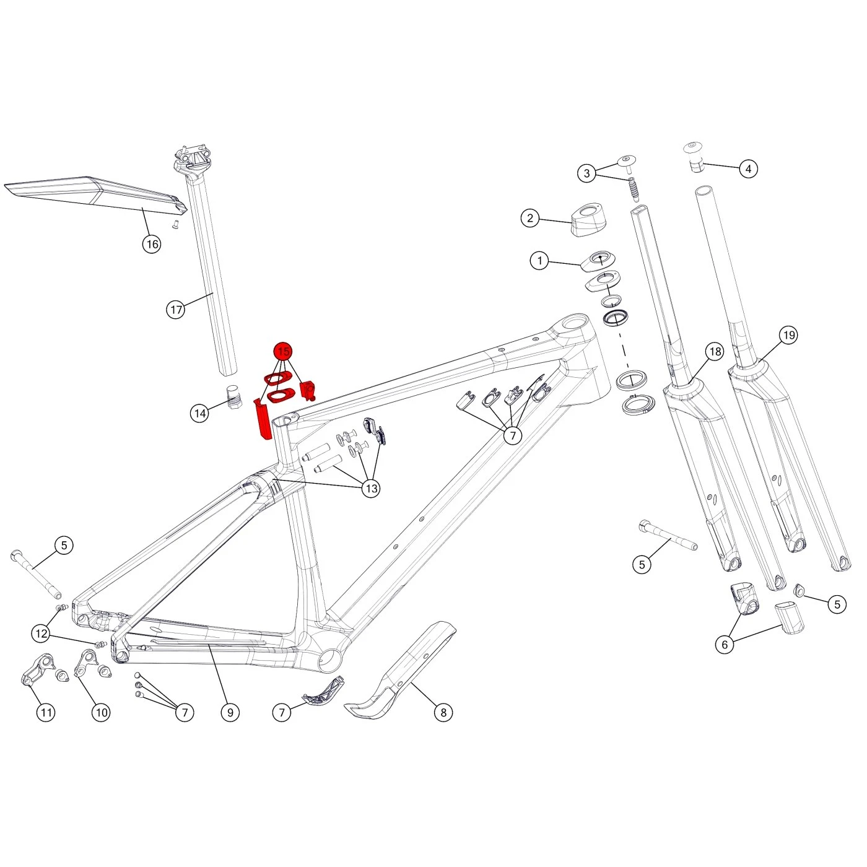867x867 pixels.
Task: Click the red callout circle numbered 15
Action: pos(283,352)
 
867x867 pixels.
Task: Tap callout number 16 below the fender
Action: pos(152,244)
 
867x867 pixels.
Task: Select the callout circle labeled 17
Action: pos(176,309)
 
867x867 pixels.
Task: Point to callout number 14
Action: pos(199,413)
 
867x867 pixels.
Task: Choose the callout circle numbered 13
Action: pos(371,489)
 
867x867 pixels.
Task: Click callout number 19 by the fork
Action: pos(788,335)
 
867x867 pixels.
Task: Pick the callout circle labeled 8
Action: pos(443,712)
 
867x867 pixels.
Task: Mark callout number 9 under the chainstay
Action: pos(230,712)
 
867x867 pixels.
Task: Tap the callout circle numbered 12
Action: pos(41,634)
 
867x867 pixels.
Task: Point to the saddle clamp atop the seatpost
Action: pos(193,158)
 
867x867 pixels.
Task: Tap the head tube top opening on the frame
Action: pos(574,324)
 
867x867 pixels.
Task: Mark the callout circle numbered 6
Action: pos(725,644)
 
